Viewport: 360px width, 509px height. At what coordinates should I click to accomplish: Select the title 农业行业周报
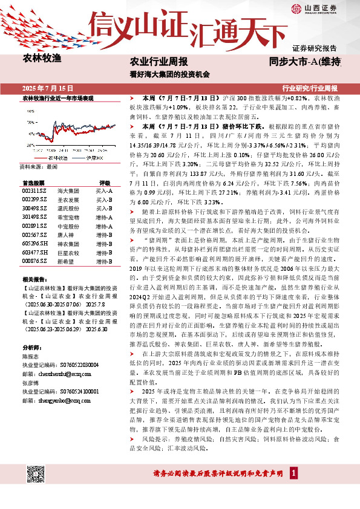point(159,62)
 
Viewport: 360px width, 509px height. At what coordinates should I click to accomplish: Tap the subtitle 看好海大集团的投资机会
point(169,75)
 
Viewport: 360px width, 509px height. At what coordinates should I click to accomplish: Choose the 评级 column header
point(105,182)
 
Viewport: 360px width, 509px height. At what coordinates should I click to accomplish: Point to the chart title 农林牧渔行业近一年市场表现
point(58,97)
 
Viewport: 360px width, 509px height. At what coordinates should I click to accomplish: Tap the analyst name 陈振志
point(30,357)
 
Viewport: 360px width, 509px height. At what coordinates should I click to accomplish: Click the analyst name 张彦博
point(30,383)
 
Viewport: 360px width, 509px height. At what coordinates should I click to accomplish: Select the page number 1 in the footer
point(293,473)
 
